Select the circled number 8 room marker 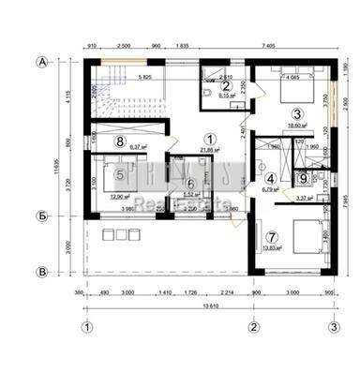120,142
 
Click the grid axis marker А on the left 41,62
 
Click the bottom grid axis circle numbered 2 252,327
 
